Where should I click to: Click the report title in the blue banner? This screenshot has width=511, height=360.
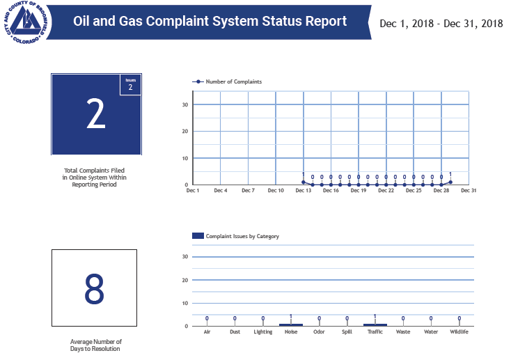click(x=210, y=21)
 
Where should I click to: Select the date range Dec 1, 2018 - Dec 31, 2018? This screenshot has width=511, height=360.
click(x=441, y=24)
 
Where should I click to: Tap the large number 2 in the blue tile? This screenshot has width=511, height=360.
click(x=95, y=116)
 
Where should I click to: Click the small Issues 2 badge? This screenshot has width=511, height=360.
click(x=130, y=84)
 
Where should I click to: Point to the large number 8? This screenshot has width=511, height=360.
click(x=95, y=290)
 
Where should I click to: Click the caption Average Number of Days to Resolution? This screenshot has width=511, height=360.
click(x=96, y=345)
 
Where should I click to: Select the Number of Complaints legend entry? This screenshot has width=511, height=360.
click(x=228, y=81)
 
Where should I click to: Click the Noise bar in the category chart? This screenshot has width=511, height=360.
click(x=291, y=324)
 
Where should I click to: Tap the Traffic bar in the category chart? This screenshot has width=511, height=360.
click(x=375, y=324)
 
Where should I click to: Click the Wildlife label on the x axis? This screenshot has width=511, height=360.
click(x=459, y=332)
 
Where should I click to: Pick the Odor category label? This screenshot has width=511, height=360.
click(x=319, y=332)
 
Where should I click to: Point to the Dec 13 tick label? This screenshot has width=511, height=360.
click(x=303, y=190)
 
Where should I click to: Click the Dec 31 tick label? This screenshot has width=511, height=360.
click(x=469, y=190)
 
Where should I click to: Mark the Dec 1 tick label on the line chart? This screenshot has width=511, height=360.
click(x=193, y=190)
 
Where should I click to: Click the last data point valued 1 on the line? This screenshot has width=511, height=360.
click(x=450, y=182)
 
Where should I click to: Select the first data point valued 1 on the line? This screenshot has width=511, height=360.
click(x=304, y=182)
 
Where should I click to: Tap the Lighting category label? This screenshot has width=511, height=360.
click(x=263, y=332)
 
